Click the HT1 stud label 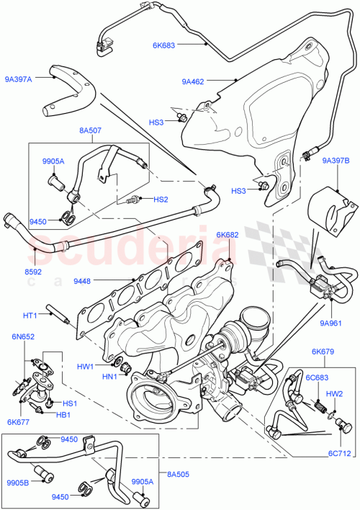click(30, 314)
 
